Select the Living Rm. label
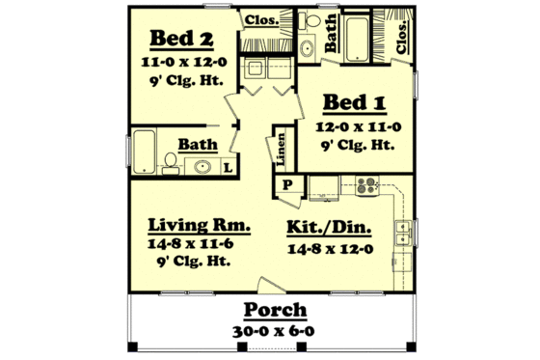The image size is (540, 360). click(200, 225)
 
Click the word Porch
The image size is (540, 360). click(275, 311)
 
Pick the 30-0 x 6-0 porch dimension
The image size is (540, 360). click(275, 330)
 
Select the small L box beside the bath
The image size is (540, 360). click(229, 167)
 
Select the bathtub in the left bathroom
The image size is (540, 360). click(145, 150)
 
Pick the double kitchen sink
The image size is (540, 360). click(404, 235)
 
